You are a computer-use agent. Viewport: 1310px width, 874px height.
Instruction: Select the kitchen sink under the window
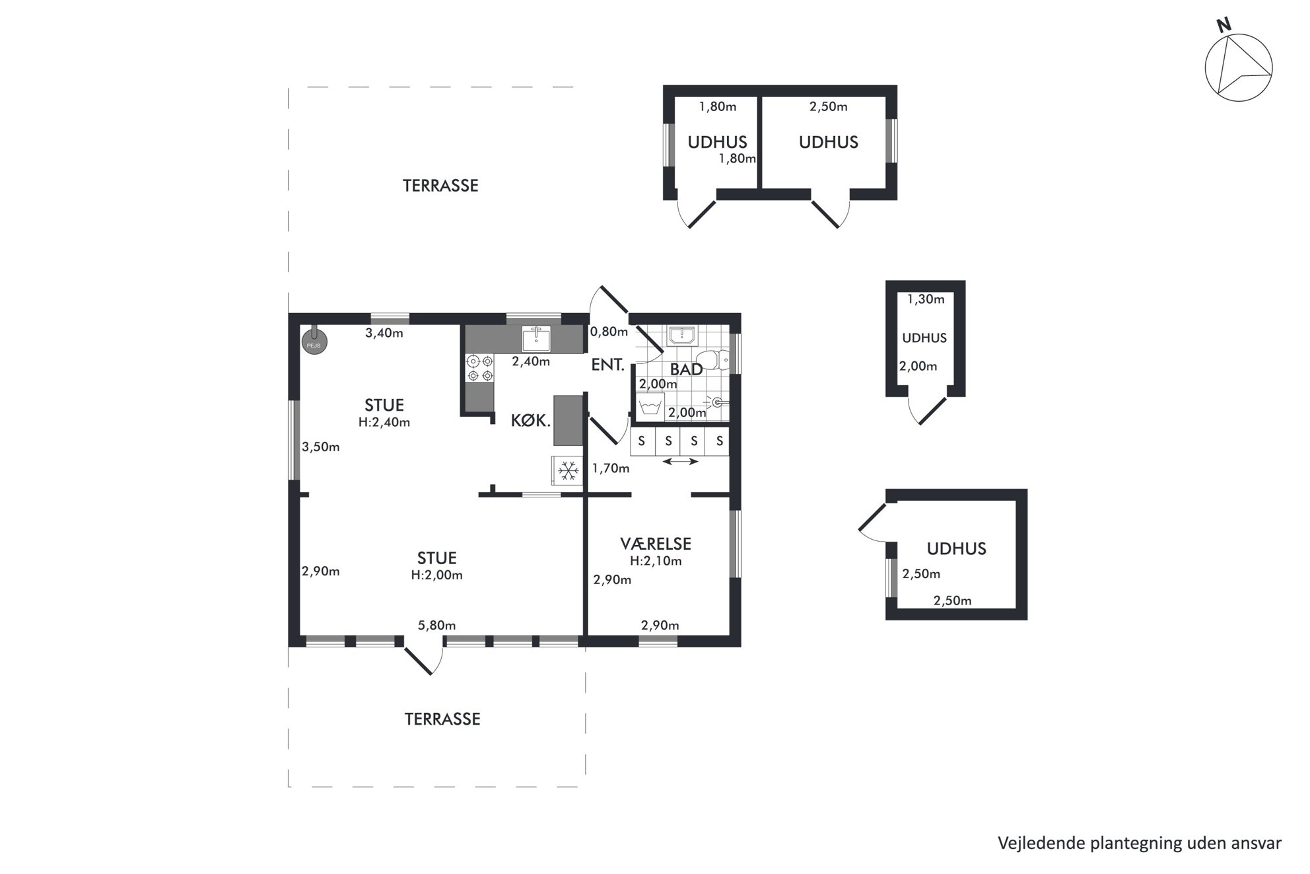coord(537,338)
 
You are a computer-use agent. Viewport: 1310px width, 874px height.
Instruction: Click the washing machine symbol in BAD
coord(650,406)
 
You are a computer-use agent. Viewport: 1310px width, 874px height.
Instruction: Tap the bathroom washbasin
coord(681,336)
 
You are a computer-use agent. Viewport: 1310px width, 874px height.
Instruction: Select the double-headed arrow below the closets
coord(680,461)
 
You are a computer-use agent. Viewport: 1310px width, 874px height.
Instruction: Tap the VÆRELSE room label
coord(656,544)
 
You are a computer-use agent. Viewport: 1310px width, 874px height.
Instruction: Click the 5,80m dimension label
coord(436,625)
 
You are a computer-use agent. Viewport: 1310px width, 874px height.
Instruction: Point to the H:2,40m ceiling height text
coord(384,422)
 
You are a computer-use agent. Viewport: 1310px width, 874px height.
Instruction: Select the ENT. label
coord(607,364)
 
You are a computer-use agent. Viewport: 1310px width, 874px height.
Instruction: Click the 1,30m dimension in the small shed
coord(926,299)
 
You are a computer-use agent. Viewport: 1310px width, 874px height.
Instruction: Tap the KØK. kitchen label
coord(531,420)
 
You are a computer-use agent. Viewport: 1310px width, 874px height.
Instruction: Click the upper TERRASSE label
coord(440,186)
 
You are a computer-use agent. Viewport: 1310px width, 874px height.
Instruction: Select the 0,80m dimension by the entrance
coord(609,332)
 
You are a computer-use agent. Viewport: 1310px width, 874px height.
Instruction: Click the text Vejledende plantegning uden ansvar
coord(1140,843)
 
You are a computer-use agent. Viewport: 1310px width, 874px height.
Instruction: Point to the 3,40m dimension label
coord(384,333)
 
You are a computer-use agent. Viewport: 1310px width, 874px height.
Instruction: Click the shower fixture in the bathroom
coord(716,401)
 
